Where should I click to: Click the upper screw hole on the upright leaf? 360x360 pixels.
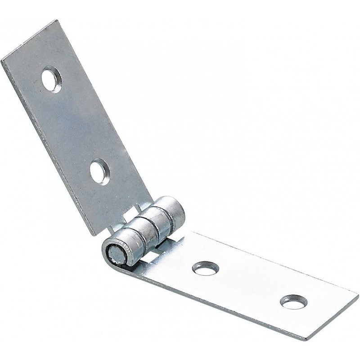pos(52,80)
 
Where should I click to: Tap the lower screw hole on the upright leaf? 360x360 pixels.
pos(99,172)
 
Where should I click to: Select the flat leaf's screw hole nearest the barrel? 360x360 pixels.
pos(206,268)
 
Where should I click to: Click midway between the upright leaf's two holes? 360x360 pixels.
pos(76,126)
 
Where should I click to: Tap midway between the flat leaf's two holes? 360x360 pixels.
pos(250,285)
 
